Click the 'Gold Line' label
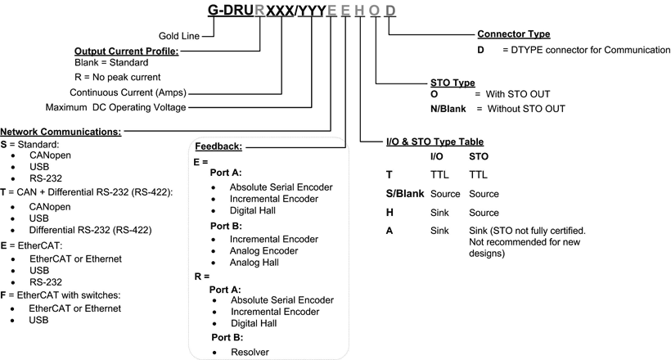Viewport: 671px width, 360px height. coord(179,36)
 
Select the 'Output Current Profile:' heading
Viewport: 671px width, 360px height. coord(126,51)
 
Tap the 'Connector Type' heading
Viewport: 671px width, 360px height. coord(514,34)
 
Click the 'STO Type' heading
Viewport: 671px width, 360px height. coord(453,83)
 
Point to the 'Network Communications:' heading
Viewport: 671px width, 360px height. coord(61,132)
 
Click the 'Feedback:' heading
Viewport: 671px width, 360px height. coord(218,146)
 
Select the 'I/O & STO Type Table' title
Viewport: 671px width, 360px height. coord(435,142)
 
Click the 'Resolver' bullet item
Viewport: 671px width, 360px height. coord(250,352)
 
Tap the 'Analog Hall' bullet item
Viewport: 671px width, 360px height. coord(254,263)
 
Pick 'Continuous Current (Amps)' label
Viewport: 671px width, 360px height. coord(128,92)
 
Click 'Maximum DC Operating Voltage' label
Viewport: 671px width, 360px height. coord(115,107)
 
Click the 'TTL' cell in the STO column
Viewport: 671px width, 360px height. coord(478,174)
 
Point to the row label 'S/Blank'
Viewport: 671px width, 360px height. coord(405,193)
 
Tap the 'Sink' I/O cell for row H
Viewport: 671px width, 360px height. coord(439,213)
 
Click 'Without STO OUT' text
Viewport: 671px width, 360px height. coord(526,109)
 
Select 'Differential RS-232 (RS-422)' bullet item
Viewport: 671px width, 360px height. coord(90,230)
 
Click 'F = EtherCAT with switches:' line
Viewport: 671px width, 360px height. coord(61,295)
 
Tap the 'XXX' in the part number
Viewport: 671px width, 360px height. coord(280,11)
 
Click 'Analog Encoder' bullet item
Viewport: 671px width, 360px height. coord(263,251)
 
